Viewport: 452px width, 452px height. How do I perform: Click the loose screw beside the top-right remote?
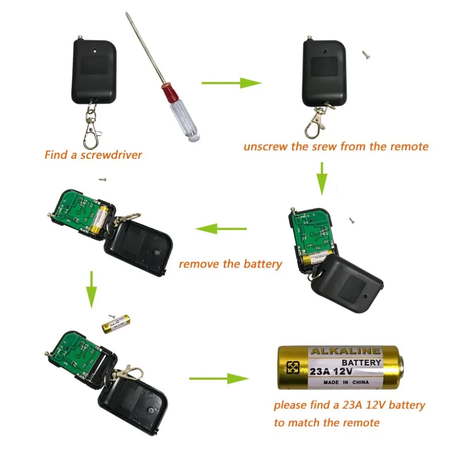pyautogui.click(x=365, y=54)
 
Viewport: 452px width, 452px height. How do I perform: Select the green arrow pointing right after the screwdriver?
pyautogui.click(x=231, y=83)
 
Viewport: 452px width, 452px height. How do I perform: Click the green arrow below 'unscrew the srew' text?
pyautogui.click(x=322, y=178)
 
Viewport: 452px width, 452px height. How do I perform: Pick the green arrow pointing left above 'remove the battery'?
pyautogui.click(x=221, y=229)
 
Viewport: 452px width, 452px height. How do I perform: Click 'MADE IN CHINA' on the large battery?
pyautogui.click(x=346, y=382)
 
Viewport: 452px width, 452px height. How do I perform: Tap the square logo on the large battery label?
pyautogui.click(x=293, y=367)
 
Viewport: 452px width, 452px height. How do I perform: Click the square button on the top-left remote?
pyautogui.click(x=94, y=66)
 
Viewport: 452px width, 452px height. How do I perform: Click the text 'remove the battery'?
pyautogui.click(x=230, y=264)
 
